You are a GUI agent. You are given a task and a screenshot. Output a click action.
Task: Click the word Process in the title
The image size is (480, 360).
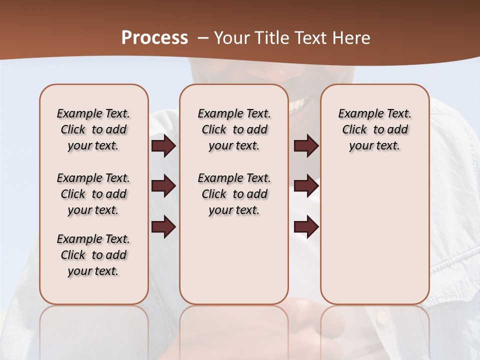pos(154,38)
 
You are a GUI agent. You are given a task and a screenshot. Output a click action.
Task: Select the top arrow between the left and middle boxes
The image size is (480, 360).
pos(163,146)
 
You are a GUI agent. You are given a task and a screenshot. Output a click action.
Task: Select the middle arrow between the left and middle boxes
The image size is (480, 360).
pos(163,186)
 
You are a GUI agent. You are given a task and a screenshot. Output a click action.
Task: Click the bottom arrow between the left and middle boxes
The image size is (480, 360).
pos(163,226)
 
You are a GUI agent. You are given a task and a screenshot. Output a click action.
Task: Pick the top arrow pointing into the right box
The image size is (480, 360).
pos(306,146)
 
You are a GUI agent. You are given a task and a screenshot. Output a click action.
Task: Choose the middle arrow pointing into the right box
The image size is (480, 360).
pos(306,186)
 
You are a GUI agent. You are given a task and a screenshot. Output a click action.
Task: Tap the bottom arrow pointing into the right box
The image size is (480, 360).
pos(306,226)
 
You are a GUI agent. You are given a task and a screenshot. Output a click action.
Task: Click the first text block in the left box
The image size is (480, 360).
pos(93,129)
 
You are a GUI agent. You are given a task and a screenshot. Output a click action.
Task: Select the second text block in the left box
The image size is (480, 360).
pos(93,194)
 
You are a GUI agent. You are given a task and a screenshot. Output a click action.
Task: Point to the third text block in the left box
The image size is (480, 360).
pos(93,255)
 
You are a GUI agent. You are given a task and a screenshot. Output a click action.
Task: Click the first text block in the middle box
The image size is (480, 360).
pos(234,129)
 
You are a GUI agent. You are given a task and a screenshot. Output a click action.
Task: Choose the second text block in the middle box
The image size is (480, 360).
pos(234,194)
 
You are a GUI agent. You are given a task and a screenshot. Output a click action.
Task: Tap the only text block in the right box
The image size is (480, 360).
pos(374,129)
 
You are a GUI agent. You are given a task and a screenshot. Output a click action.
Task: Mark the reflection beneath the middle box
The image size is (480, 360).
pos(234,330)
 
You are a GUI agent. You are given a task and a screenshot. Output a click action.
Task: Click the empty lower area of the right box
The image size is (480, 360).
pos(374,240)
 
